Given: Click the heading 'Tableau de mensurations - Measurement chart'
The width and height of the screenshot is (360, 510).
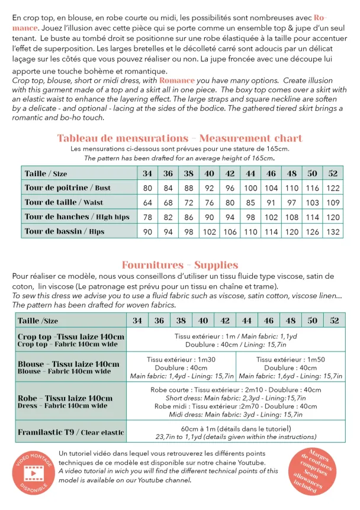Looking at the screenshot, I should click(179, 138).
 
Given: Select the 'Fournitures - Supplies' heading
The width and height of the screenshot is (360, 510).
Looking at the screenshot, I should click(179, 265).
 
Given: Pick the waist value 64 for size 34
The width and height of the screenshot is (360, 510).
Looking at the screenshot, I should click(147, 202).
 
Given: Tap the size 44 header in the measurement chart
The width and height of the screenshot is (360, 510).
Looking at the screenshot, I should click(250, 173).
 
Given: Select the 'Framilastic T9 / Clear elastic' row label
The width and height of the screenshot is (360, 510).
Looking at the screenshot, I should click(71, 432).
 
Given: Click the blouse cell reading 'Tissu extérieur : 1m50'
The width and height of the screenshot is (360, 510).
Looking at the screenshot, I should click(290, 359).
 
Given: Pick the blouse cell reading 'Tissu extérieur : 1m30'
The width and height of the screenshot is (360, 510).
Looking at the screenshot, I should click(181, 359).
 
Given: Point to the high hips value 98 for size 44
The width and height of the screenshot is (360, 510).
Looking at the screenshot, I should click(250, 217).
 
